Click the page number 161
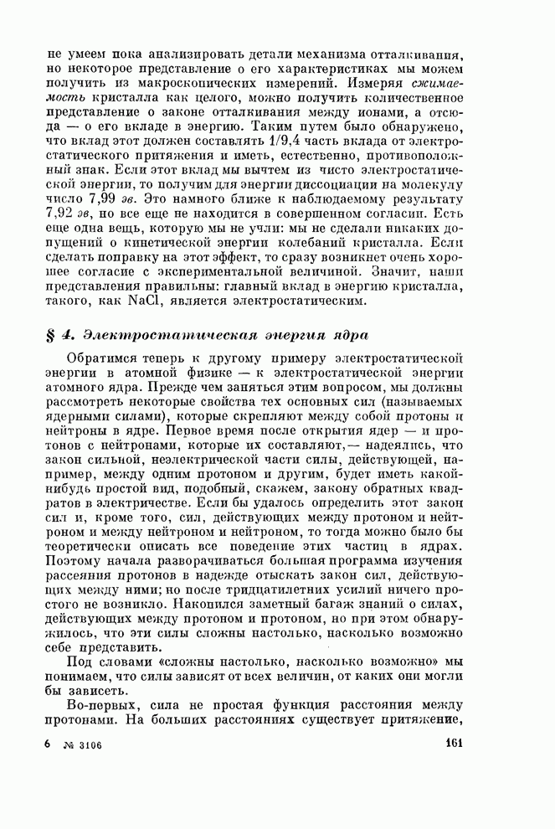click(x=455, y=742)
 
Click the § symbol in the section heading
click(x=51, y=336)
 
